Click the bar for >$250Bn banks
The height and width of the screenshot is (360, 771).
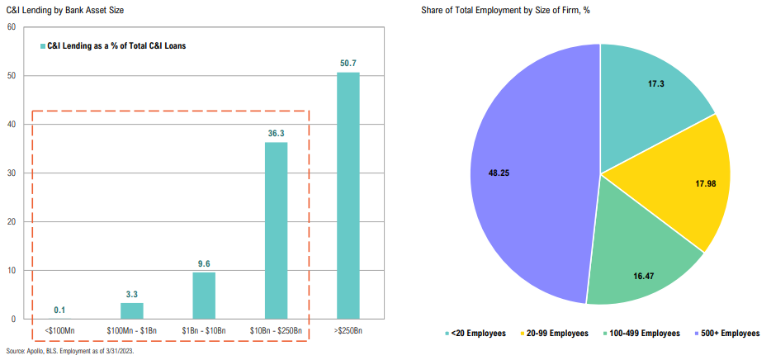pos(348,196)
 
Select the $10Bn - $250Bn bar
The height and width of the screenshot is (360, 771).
pos(276,230)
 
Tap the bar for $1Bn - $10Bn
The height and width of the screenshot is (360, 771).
pos(204,296)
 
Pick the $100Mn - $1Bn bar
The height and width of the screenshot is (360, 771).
pos(131,310)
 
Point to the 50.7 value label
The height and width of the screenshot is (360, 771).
pos(348,63)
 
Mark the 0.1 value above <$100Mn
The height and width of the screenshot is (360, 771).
pos(59,310)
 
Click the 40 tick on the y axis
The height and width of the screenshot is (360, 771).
pos(12,125)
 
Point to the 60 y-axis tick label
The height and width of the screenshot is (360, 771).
pos(12,27)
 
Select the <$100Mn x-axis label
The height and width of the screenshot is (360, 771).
pos(59,330)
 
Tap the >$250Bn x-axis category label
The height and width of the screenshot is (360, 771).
pos(348,330)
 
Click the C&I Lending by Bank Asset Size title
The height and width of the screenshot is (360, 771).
pos(54,10)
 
